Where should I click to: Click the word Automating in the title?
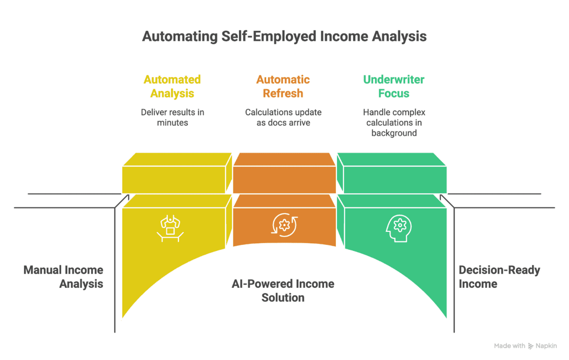point(180,37)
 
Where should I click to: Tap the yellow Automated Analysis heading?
point(172,86)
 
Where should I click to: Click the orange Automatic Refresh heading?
point(283,86)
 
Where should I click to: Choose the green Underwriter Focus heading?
point(394,86)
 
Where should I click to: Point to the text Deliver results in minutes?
point(173,117)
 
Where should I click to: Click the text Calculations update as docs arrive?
point(283,117)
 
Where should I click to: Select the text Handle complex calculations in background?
point(394,122)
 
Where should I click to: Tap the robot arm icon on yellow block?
point(170,229)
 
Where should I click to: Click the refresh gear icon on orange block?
point(284,225)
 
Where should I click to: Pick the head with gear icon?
point(399,229)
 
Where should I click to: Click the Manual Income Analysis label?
point(63,277)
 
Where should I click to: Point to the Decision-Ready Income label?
point(499,277)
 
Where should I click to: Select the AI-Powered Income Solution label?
point(283,291)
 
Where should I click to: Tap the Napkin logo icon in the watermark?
point(531,346)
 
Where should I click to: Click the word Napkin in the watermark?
point(546,346)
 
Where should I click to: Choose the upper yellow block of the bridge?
point(177,173)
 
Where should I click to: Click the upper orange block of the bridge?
point(284,173)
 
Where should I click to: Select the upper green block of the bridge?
point(392,173)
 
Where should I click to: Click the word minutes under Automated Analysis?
point(173,123)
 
